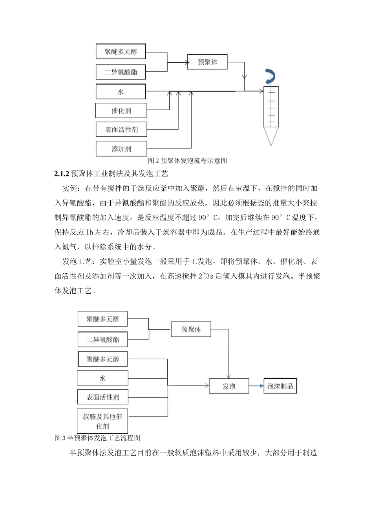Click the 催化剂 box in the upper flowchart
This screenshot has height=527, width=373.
click(121, 111)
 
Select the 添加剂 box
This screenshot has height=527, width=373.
click(121, 149)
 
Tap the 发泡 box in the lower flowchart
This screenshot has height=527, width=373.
click(229, 386)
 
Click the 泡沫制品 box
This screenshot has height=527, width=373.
click(280, 386)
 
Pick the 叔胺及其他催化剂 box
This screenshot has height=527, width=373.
click(102, 421)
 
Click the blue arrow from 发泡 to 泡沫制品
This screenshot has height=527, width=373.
click(256, 386)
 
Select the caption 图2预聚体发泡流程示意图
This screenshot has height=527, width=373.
click(187, 160)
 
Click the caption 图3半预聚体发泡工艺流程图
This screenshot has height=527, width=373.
click(97, 438)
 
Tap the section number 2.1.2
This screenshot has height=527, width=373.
click(62, 173)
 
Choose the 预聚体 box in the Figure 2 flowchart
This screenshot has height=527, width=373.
click(207, 62)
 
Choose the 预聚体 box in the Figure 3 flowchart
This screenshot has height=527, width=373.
click(191, 329)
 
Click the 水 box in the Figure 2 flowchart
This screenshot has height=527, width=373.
click(121, 92)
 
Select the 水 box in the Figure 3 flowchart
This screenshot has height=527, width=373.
click(102, 378)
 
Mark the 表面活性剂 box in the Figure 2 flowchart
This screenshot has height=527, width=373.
click(121, 130)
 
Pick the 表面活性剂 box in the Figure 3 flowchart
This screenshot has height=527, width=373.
click(102, 397)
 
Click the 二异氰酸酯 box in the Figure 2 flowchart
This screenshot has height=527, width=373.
click(121, 73)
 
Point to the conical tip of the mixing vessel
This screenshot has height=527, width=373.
click(270, 137)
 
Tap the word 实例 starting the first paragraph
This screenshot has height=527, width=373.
click(70, 189)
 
